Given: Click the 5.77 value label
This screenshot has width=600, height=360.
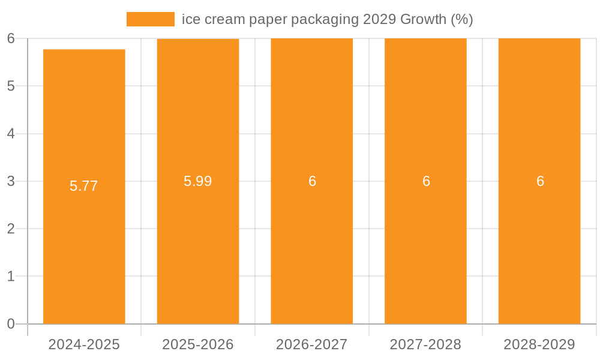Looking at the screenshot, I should [84, 186].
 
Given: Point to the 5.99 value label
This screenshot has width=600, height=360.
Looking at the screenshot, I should [198, 181].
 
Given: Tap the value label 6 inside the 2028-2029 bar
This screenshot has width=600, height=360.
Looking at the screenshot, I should [540, 181].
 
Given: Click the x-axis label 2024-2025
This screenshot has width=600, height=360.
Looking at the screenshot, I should [84, 344].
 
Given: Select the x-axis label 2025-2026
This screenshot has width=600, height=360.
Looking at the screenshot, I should [198, 344].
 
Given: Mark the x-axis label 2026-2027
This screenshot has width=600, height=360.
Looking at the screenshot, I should [312, 344].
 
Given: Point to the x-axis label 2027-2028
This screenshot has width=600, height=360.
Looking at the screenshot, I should [425, 344].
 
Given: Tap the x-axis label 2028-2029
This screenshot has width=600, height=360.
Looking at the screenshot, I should [539, 344].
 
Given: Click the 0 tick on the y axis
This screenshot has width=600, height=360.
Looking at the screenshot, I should [11, 324].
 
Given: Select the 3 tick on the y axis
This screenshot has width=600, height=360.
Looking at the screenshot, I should [11, 181].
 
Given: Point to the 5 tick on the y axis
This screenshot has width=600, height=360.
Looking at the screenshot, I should [11, 86].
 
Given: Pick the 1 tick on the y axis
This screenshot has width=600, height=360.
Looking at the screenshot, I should [11, 277].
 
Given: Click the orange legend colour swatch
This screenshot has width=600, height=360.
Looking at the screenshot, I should [150, 19].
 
